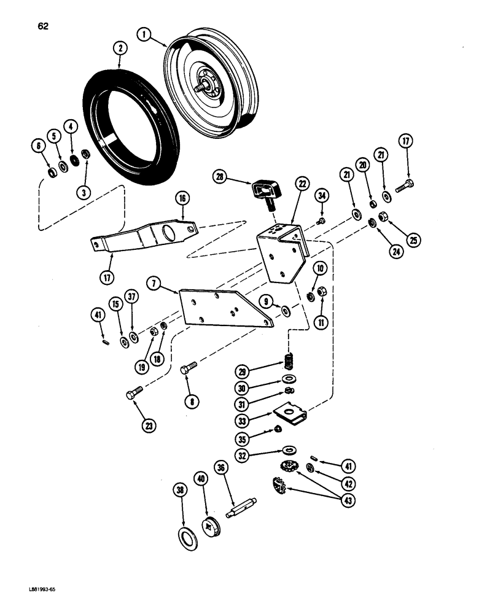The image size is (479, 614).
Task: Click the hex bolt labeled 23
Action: pyautogui.click(x=134, y=394)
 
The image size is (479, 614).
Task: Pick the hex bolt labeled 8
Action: pyautogui.click(x=188, y=369)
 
